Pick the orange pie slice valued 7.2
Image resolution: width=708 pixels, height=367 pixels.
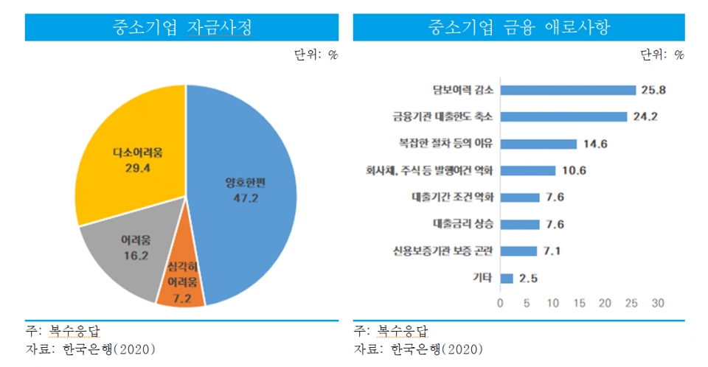[181, 284]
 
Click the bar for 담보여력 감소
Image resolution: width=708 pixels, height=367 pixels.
[568, 90]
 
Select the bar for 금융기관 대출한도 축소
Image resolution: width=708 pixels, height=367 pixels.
[563, 116]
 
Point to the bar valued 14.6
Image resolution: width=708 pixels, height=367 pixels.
[538, 144]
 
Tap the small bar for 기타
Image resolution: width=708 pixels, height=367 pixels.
[507, 278]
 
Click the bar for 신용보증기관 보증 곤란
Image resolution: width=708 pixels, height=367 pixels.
[518, 251]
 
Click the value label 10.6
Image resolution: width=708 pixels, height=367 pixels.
[575, 170]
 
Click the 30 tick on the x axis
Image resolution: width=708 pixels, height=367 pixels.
[658, 303]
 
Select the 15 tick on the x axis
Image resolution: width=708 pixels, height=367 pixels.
[579, 303]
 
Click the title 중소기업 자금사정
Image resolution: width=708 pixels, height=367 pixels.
[181, 28]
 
